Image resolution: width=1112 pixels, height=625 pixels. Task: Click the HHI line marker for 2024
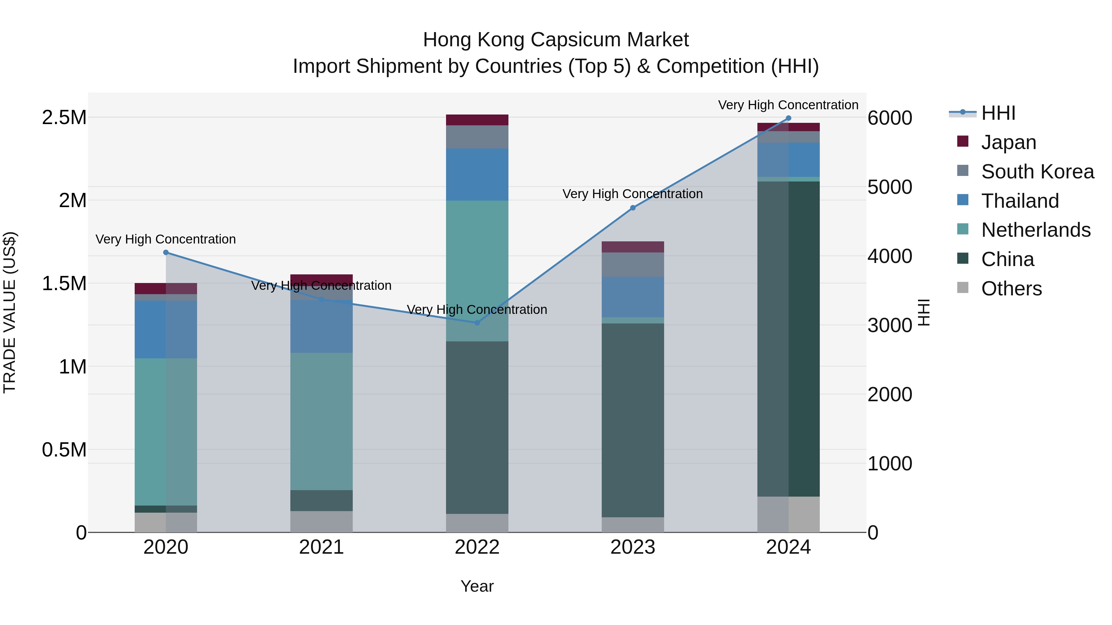pos(788,118)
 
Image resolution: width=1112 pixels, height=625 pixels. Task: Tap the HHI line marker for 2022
pos(477,323)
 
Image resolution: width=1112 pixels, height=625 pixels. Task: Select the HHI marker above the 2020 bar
pos(166,252)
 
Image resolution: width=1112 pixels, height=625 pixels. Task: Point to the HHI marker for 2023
pos(633,208)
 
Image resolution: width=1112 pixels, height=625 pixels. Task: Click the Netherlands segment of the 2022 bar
pos(477,271)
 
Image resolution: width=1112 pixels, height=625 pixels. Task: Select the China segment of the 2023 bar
pos(633,421)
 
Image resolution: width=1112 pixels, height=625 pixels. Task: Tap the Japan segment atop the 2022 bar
pos(477,120)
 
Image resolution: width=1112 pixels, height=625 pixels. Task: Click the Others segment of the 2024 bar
pos(788,515)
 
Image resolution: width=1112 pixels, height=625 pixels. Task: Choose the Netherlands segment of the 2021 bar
pos(321,421)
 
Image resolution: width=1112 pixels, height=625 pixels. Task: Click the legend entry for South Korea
pos(1037,172)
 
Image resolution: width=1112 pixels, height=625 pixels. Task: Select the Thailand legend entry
pos(1020,201)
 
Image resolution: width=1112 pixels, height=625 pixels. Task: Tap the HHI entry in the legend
pos(998,113)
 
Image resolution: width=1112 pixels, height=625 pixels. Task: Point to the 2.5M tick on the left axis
pos(64,117)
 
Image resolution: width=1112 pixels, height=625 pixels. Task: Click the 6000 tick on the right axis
pos(890,118)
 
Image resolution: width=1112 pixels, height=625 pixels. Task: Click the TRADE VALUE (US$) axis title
pos(10,312)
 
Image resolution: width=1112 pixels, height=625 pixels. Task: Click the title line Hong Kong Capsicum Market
pos(556,40)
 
